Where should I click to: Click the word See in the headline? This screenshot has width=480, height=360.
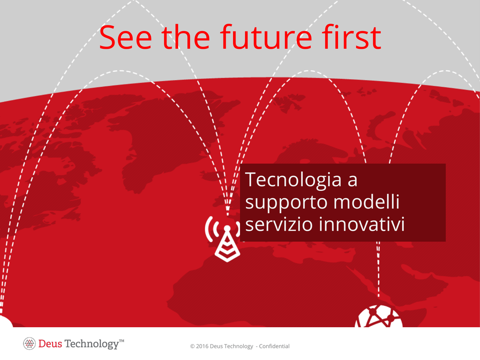[126, 37]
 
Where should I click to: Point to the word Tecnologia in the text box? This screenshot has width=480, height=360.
[293, 180]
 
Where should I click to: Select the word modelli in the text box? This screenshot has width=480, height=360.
[367, 202]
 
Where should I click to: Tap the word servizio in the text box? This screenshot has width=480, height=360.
[279, 224]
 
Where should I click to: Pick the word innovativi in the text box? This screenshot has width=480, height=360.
[362, 224]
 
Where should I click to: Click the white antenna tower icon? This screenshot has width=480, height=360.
[227, 239]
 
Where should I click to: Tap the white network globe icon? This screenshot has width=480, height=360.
[379, 317]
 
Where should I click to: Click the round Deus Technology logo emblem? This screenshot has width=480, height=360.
[30, 344]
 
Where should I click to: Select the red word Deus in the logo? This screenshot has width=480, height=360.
[50, 344]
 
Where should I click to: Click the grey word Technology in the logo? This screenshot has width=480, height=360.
[91, 345]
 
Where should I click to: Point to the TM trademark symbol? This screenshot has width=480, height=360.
[121, 341]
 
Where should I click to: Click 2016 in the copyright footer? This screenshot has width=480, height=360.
[202, 346]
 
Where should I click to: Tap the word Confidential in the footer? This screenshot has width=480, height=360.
[274, 346]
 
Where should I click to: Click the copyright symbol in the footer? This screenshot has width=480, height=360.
[192, 346]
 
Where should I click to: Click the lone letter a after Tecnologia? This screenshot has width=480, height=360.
[352, 181]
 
